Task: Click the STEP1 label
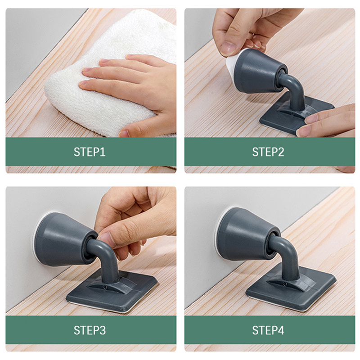point(90,152)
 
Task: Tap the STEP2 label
point(268,152)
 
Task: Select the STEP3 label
point(90,330)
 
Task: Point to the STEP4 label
point(268,330)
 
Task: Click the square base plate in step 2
point(296,115)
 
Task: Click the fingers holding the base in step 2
point(326,121)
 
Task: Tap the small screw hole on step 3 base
point(104,287)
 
